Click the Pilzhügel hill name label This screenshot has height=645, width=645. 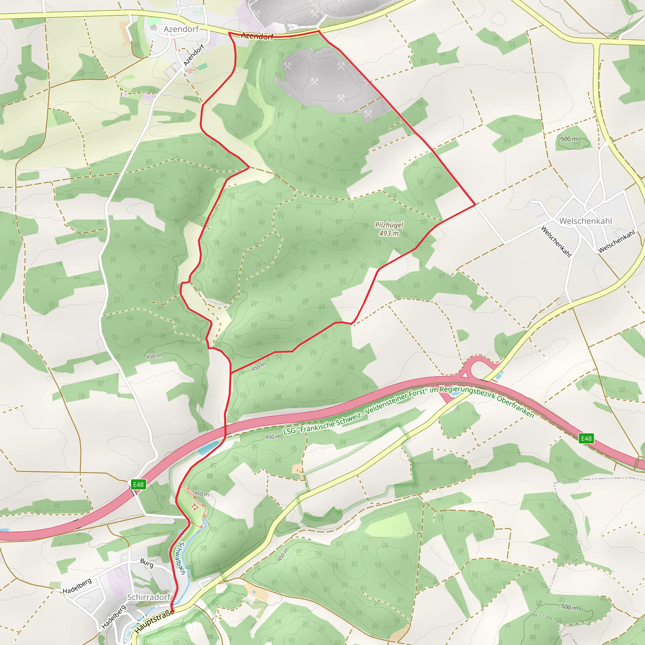pos(389,225)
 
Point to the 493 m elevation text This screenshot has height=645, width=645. pos(389,233)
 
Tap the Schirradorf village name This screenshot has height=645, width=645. pos(149,597)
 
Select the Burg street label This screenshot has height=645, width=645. pos(147,563)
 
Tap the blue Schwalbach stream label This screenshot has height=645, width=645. pos(182,558)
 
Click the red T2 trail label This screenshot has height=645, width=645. pos(195,507)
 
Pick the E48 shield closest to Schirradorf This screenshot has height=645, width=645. pos(138,484)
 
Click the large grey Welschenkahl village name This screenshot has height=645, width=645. pos(585,221)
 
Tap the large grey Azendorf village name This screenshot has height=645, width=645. pos(181,29)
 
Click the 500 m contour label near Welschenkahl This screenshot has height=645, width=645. pos(569,139)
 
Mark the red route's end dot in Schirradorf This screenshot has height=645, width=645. pos(173,611)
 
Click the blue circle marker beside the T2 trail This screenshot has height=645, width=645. pos(205,522)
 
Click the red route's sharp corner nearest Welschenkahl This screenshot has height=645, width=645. pos(475,205)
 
